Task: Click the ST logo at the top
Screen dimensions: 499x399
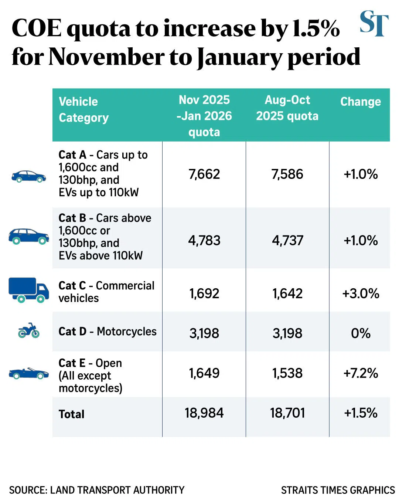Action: [374, 24]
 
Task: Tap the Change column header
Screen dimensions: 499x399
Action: [360, 102]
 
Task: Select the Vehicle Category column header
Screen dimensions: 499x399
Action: [83, 109]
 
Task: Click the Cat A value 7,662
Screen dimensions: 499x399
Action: [204, 174]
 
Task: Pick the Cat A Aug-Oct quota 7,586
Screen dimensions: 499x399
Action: [287, 174]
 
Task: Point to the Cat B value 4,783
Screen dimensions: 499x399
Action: [204, 241]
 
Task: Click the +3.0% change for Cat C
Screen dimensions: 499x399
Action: [361, 293]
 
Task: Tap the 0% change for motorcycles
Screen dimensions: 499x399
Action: [361, 333]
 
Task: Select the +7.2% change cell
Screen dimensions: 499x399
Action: [361, 373]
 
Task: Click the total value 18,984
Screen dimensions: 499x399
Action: [204, 413]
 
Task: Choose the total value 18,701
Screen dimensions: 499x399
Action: [287, 413]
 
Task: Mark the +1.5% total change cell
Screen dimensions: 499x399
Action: [361, 413]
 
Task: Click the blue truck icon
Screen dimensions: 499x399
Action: [28, 290]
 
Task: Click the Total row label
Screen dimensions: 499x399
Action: [72, 414]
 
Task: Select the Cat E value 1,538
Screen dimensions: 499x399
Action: [287, 373]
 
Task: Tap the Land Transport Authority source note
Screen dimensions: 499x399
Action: [97, 490]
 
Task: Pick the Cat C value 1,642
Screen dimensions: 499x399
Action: [287, 293]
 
